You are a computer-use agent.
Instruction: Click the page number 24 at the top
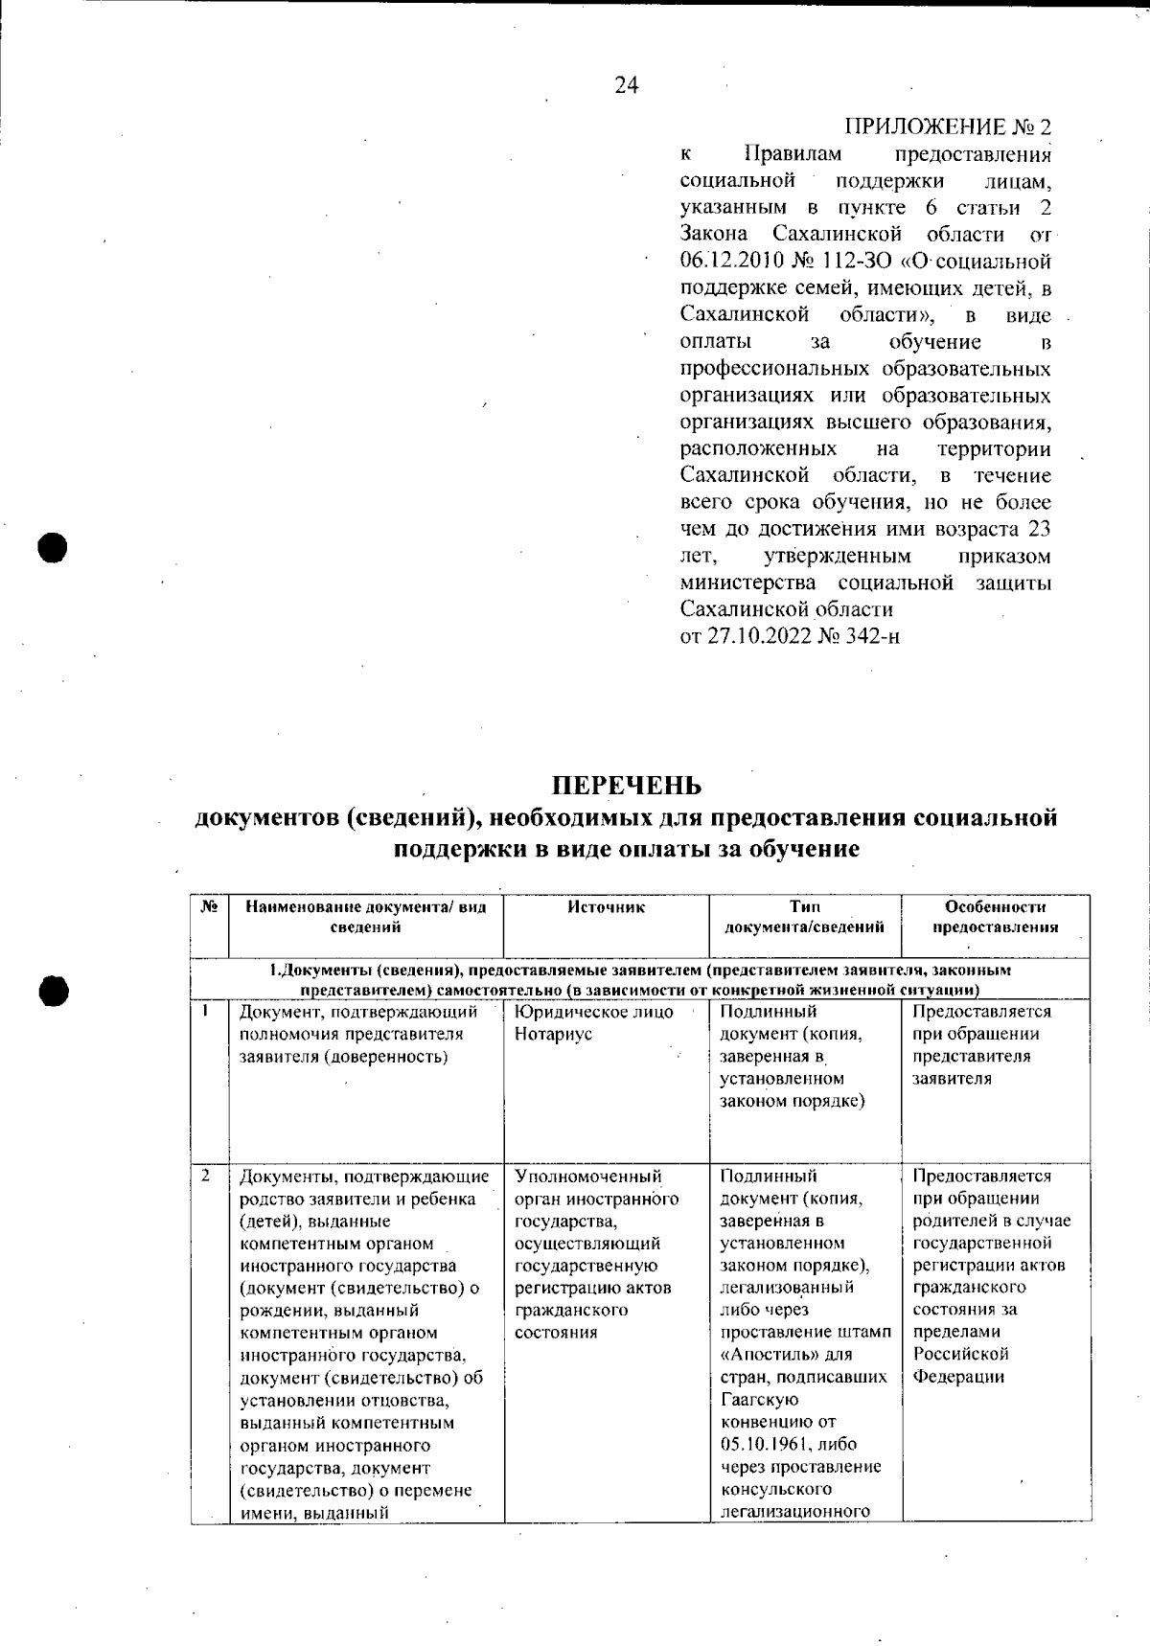[627, 85]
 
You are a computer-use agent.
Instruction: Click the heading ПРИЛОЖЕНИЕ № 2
[947, 127]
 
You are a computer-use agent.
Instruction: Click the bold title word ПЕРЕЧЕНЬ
[627, 786]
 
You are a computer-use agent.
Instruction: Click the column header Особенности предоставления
[995, 917]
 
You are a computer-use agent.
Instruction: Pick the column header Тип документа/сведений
[804, 917]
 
